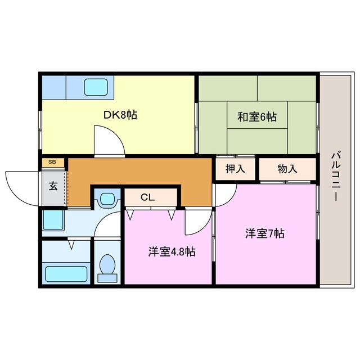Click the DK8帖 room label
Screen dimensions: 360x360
[x=120, y=115]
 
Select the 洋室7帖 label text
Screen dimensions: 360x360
[x=264, y=233]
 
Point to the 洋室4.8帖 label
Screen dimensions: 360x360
[x=172, y=252]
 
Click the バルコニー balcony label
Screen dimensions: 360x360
[x=335, y=177]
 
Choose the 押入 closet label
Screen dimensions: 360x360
[x=235, y=169]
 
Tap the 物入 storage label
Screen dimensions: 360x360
[x=287, y=169]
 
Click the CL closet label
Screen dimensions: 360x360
[x=147, y=197]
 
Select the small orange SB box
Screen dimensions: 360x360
[x=52, y=162]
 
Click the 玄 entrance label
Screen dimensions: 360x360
[x=52, y=186]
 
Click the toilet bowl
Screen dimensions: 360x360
[x=107, y=265]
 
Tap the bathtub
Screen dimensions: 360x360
[x=66, y=274]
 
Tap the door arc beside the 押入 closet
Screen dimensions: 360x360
[x=224, y=194]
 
